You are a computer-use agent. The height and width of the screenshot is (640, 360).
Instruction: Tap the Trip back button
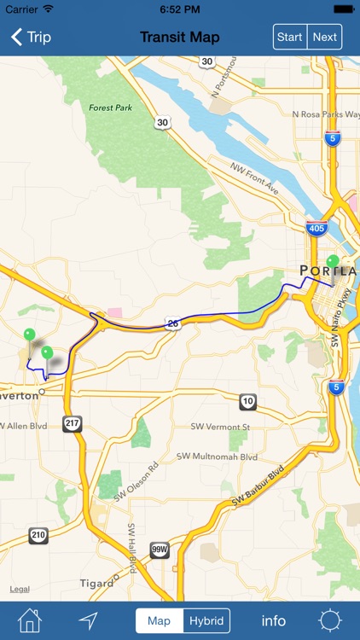coord(31,37)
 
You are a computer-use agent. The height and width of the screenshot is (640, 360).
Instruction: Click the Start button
coord(290,37)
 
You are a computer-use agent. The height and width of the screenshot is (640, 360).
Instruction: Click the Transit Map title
coord(180,37)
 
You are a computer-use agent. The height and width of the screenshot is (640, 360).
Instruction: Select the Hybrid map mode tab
coord(207,620)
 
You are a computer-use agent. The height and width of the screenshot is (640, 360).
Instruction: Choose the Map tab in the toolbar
coord(159,620)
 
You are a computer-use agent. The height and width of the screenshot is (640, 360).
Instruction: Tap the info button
coord(274,620)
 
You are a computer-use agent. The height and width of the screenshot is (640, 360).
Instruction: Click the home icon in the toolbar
coord(30,620)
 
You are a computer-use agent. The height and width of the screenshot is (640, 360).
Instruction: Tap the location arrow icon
coord(89,620)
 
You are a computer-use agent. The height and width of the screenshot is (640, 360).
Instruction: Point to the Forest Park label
coord(110,108)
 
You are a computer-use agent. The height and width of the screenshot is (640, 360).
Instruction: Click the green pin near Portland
coord(333,261)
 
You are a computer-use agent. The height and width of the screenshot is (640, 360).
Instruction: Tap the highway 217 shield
coord(73,423)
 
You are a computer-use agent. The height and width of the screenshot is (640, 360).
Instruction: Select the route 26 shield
coord(173,324)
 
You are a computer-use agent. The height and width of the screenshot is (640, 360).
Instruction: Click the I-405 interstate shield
coord(316,228)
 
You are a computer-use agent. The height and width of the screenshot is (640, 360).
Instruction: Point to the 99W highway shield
coord(160,550)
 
